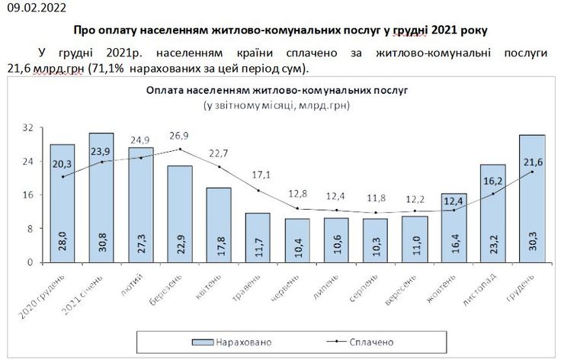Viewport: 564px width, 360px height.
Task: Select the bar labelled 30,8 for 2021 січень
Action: [101, 198]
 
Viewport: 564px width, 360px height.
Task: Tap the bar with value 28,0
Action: [62, 204]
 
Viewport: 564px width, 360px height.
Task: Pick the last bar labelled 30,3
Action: [531, 199]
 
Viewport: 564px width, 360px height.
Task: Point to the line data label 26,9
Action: [179, 136]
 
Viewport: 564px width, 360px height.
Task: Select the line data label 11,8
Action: [375, 199]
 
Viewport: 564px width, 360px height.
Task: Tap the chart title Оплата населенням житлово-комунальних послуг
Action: [277, 90]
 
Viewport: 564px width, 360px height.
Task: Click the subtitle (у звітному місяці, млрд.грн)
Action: [277, 104]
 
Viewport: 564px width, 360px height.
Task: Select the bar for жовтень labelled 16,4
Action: [453, 228]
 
